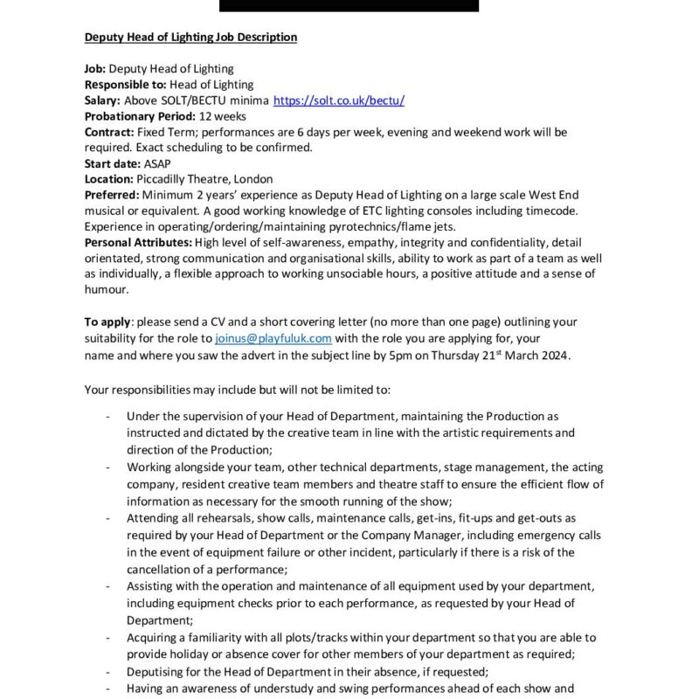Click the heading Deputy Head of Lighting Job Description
coord(190,38)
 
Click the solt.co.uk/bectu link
coord(338,100)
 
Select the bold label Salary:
coord(102,100)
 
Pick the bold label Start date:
coord(112,163)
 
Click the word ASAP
coord(158,163)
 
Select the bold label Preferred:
coord(111,195)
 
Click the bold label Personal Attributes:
coord(138,242)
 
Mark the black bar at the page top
coord(349,5)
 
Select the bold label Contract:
coord(109,132)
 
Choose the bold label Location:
coord(109,179)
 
